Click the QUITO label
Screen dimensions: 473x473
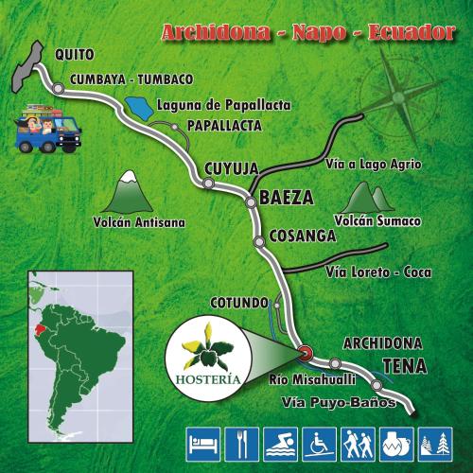tap(74, 55)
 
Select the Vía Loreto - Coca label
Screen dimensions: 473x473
tap(377, 272)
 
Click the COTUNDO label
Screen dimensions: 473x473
tap(240, 302)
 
